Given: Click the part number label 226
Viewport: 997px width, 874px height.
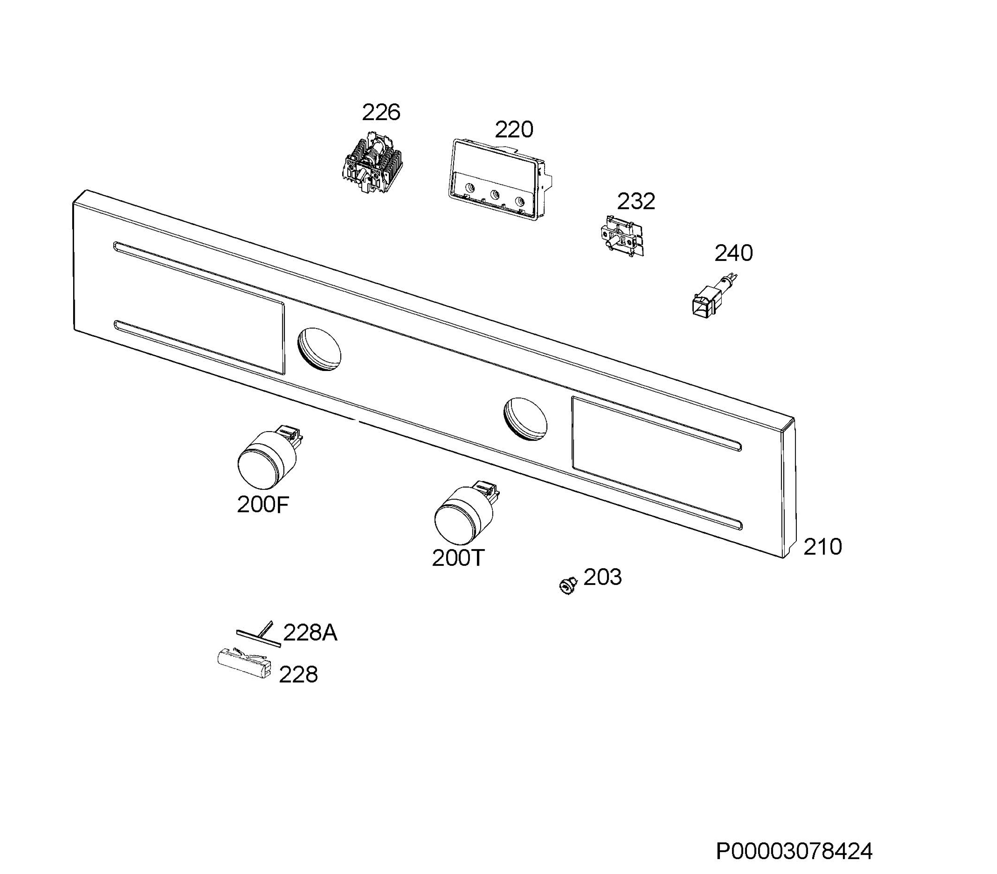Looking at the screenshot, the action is [x=381, y=113].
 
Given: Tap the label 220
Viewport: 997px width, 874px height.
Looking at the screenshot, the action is [x=514, y=130].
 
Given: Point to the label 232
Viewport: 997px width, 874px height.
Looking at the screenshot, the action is [x=636, y=201].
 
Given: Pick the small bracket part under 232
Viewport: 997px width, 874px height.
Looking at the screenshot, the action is [x=623, y=236].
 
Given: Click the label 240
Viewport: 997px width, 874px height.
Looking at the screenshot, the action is [x=734, y=253].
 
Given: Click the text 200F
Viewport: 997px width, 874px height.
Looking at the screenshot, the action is [x=263, y=505].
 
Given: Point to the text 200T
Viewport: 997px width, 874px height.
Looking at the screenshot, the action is [x=458, y=558].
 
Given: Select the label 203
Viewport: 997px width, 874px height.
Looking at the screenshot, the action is [x=603, y=577].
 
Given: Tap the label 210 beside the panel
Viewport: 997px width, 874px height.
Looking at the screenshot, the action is [x=823, y=547].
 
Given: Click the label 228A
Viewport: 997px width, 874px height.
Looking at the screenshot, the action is [x=310, y=633].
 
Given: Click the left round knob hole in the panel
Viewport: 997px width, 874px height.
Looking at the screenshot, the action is [x=319, y=350].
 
